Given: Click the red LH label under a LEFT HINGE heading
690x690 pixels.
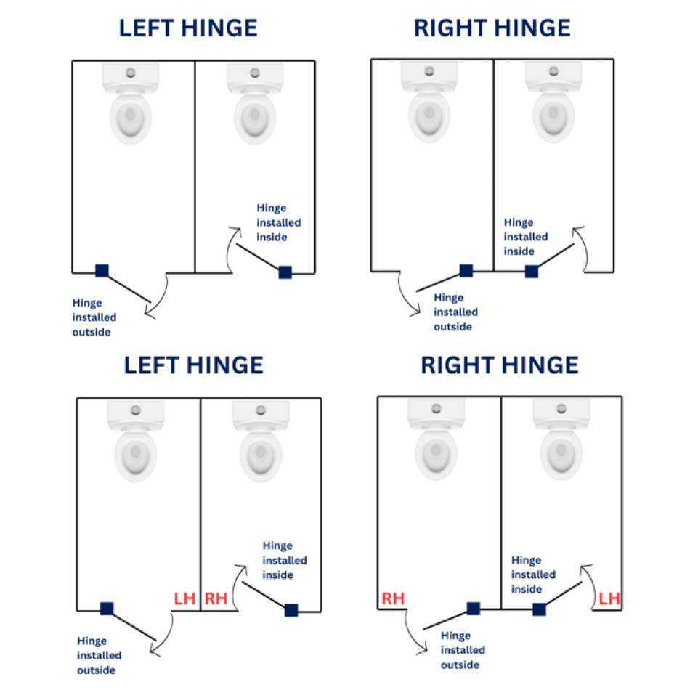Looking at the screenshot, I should [x=184, y=599].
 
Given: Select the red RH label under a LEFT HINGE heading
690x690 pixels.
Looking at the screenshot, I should [x=216, y=599].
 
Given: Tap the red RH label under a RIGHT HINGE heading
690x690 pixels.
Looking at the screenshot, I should [x=393, y=599].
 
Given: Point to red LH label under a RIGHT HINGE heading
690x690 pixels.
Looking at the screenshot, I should [x=609, y=599].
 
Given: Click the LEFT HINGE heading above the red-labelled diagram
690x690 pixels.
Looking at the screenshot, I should [x=193, y=365].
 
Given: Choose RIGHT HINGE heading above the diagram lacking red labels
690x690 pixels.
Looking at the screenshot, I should [x=492, y=28].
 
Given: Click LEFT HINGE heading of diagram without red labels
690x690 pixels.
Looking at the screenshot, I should [x=188, y=28].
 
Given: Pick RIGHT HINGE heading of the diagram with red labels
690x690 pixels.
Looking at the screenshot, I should [x=500, y=365].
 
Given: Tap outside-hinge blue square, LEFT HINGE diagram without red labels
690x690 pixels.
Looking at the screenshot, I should [x=102, y=270].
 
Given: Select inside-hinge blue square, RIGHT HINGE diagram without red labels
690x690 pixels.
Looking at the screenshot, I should [x=532, y=271].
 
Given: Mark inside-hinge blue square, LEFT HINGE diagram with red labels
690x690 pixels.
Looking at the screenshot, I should [x=291, y=610].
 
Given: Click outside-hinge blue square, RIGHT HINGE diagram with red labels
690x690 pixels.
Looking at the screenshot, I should [x=473, y=609].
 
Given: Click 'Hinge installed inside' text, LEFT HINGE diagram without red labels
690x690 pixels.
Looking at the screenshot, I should [x=278, y=222].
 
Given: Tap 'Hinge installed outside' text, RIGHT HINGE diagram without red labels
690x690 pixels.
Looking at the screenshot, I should [x=455, y=312].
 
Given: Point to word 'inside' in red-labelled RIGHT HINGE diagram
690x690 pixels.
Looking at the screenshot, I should [x=527, y=589].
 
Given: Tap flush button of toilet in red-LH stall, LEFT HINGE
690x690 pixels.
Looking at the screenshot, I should [x=136, y=410].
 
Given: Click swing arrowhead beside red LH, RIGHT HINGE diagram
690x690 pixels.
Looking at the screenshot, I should [x=583, y=564].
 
